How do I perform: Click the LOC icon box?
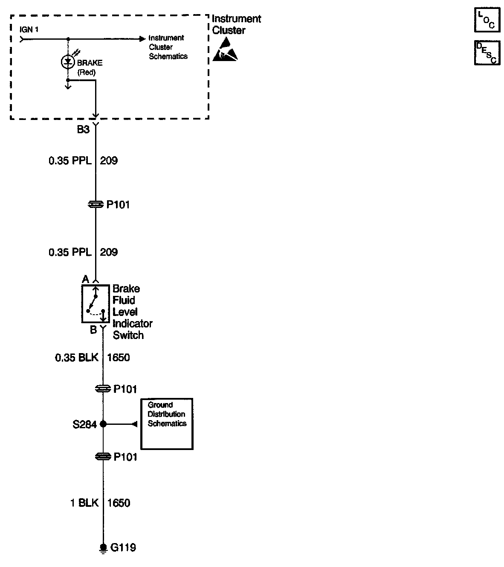click(x=487, y=20)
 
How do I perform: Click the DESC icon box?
click(x=487, y=53)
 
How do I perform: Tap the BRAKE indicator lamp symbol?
click(x=67, y=62)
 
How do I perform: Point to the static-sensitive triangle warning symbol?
click(x=225, y=50)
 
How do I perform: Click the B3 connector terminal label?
click(x=83, y=129)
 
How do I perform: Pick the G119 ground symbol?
click(x=103, y=548)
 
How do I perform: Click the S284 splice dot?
click(x=103, y=424)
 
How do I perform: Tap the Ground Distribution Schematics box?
click(x=167, y=424)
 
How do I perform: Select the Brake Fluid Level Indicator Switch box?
click(x=95, y=304)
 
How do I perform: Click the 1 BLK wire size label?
click(x=84, y=503)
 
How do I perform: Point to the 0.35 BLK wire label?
click(x=77, y=357)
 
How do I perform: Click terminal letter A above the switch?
click(x=85, y=279)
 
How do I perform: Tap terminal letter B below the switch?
click(x=93, y=330)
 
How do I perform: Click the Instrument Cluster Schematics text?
click(x=168, y=47)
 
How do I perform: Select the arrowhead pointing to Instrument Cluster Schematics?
click(x=142, y=39)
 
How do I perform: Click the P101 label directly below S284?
click(x=125, y=457)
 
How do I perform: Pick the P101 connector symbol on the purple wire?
click(x=95, y=205)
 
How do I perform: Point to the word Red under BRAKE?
click(x=87, y=72)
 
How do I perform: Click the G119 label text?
click(x=123, y=547)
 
